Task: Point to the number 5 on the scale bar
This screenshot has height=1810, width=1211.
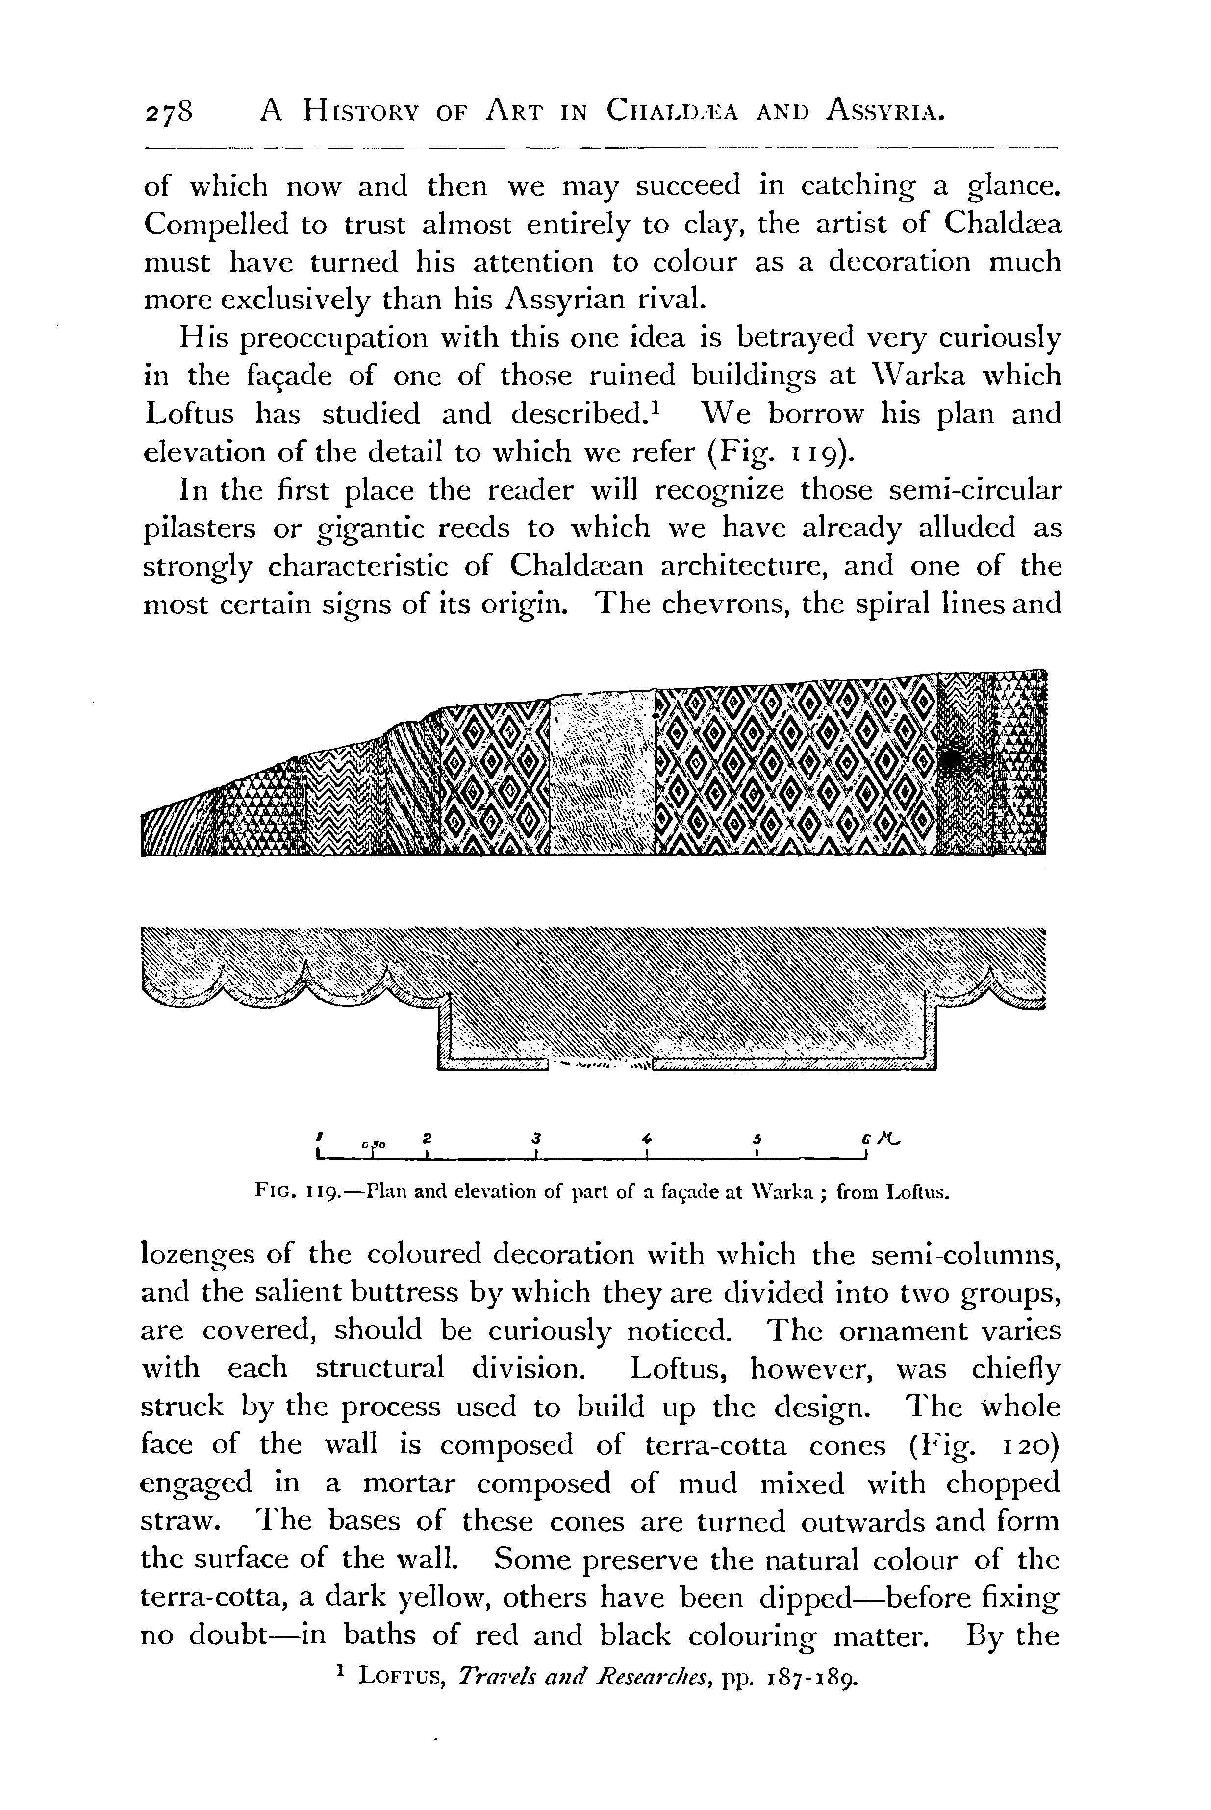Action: pos(758,1137)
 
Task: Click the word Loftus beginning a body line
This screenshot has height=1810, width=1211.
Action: pos(189,415)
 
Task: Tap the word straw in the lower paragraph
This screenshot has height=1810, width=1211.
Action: pos(182,1522)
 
